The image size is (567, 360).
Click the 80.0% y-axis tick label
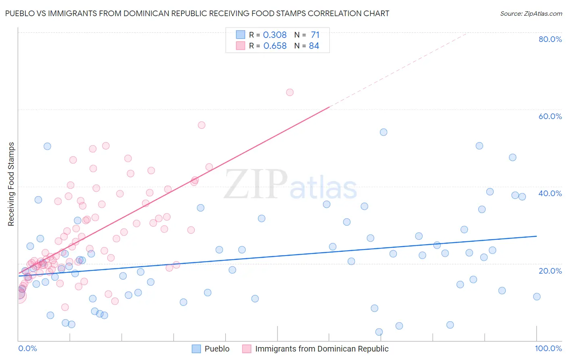click(550, 39)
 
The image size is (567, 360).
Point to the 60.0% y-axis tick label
click(550, 116)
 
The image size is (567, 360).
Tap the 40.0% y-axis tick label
click(550, 193)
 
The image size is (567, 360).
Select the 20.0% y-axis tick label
click(550, 271)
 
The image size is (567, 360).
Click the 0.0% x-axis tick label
click(27, 349)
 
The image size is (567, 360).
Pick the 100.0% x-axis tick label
click(548, 349)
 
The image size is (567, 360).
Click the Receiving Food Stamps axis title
click(11, 184)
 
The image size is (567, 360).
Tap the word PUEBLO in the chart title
click(19, 13)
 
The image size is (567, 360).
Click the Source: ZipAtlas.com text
click(531, 14)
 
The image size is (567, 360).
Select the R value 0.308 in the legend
click(275, 35)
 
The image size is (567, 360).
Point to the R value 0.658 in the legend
click(275, 46)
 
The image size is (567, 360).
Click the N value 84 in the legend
click(314, 46)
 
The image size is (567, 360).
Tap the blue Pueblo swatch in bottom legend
click(196, 349)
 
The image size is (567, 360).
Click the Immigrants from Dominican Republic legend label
click(322, 349)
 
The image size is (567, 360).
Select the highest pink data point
click(290, 92)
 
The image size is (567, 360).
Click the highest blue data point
click(384, 132)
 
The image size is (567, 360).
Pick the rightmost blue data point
click(537, 297)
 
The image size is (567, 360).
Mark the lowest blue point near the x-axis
click(379, 332)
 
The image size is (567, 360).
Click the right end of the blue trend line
click(537, 236)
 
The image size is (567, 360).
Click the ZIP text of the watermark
click(256, 184)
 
